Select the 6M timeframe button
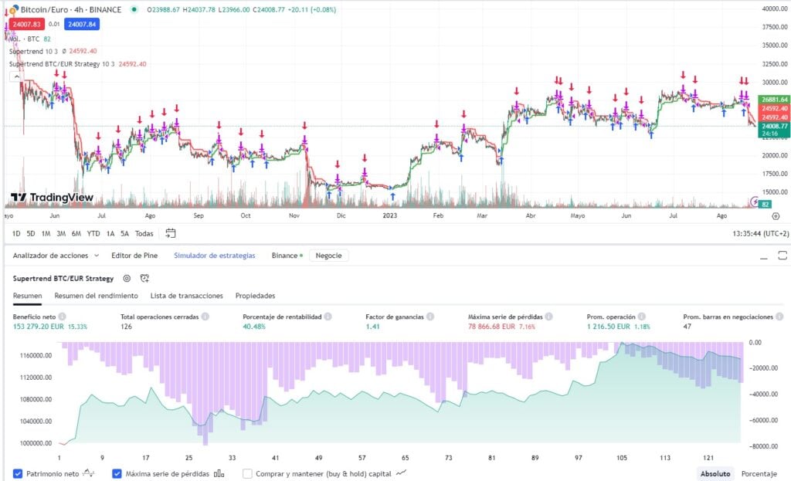click(x=76, y=233)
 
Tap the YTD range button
click(x=93, y=233)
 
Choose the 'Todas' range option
click(x=144, y=233)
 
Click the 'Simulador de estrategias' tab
click(x=214, y=255)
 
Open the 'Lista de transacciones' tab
click(x=186, y=296)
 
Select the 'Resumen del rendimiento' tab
click(x=96, y=296)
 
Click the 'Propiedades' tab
click(x=255, y=296)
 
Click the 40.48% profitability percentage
click(x=258, y=327)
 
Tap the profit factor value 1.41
click(x=372, y=327)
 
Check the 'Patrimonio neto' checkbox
click(x=18, y=473)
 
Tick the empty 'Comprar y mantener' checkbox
click(x=248, y=473)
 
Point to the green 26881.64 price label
click(x=773, y=100)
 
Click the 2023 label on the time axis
click(x=391, y=217)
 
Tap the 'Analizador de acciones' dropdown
click(x=56, y=255)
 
